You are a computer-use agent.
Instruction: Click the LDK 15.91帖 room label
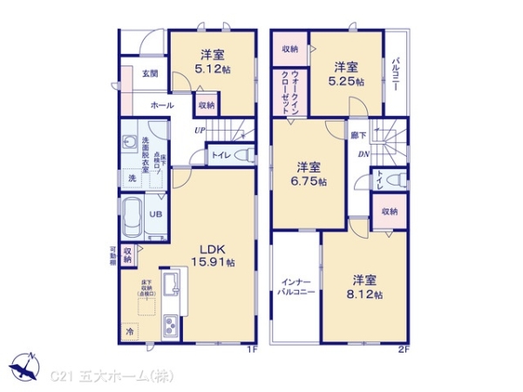[213, 253]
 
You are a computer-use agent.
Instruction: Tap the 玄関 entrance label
[150, 74]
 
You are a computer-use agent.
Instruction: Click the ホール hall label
[161, 105]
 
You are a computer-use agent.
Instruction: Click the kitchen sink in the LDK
[173, 282]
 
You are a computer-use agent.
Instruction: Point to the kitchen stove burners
[168, 327]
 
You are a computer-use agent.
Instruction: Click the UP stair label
[200, 131]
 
